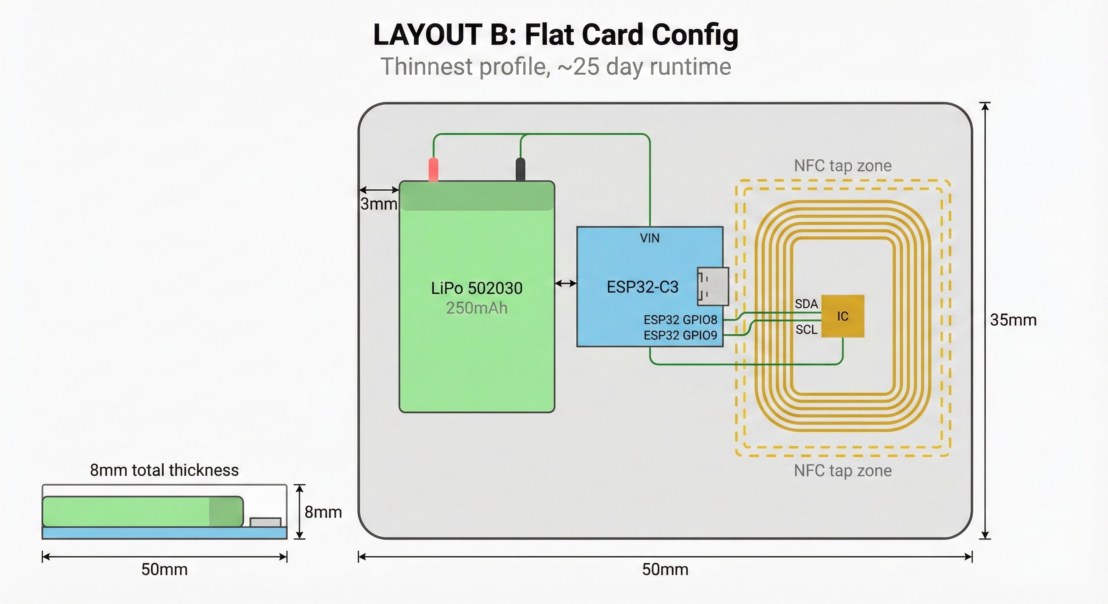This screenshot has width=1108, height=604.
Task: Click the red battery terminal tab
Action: [434, 169]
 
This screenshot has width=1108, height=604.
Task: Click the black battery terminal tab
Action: [521, 169]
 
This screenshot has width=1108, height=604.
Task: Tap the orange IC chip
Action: [843, 316]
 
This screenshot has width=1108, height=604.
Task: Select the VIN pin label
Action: [650, 238]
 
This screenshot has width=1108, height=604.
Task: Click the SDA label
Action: [806, 304]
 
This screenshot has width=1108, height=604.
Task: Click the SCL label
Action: [806, 330]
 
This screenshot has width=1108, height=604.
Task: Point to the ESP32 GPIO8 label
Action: [680, 320]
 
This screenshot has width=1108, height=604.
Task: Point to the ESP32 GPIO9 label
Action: [680, 335]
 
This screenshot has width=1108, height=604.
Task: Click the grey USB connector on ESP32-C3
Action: [713, 286]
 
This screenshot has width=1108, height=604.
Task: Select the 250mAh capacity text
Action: [476, 308]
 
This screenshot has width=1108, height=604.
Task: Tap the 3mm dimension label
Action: [379, 204]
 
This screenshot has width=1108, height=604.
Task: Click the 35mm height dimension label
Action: [1013, 320]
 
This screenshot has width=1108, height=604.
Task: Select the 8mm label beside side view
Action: [323, 512]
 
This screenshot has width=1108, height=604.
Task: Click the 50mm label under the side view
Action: [164, 570]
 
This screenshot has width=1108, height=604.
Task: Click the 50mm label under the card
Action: [665, 570]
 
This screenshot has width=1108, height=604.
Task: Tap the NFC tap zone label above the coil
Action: [843, 166]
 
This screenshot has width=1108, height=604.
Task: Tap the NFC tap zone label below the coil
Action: [843, 471]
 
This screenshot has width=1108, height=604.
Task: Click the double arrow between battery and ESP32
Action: [566, 283]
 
